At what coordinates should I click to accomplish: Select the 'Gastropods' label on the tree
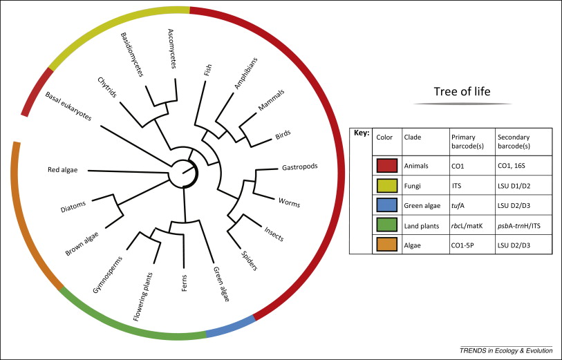299,168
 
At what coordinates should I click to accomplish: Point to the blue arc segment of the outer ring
231,328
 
